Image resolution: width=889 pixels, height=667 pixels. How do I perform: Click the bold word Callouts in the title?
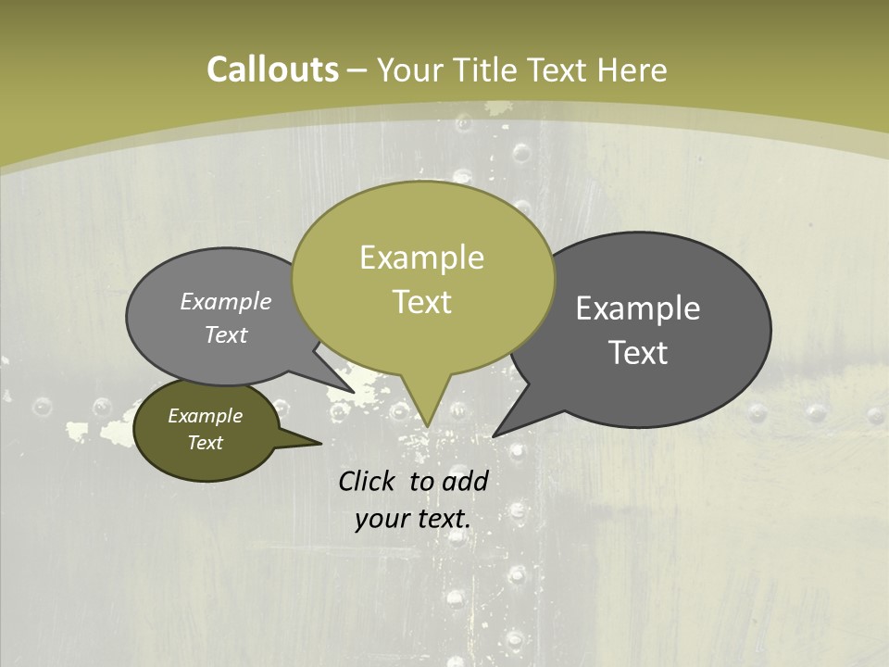(272, 69)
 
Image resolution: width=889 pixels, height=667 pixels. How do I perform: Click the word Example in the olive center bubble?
(421, 258)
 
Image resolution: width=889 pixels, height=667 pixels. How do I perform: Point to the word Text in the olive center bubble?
(421, 302)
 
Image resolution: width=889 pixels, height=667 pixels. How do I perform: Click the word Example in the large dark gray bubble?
(638, 308)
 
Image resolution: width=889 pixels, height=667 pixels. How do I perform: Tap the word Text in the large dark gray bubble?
(638, 353)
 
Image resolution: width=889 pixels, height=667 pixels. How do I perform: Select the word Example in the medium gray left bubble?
(226, 301)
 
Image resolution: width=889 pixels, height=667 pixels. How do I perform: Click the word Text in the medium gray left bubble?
(226, 334)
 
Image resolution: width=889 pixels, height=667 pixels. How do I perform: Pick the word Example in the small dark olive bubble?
(205, 416)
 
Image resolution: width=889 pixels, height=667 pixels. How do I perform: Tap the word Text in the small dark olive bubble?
(205, 443)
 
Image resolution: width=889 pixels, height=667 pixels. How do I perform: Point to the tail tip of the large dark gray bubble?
(495, 434)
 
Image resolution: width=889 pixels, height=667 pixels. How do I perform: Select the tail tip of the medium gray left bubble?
(353, 391)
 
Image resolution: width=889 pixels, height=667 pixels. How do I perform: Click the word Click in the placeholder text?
(369, 481)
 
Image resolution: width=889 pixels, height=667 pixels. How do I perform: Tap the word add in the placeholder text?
(466, 481)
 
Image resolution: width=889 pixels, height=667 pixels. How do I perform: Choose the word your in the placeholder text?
(381, 518)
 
